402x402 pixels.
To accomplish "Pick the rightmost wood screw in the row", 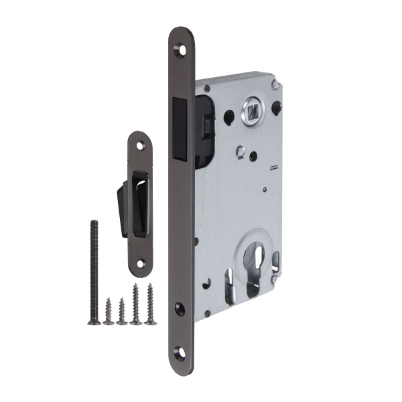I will (150, 304).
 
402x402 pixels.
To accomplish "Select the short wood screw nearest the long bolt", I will (108, 311).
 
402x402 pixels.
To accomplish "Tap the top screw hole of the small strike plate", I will (141, 145).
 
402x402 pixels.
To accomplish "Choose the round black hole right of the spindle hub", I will (276, 107).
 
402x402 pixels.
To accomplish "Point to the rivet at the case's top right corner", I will (275, 84).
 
